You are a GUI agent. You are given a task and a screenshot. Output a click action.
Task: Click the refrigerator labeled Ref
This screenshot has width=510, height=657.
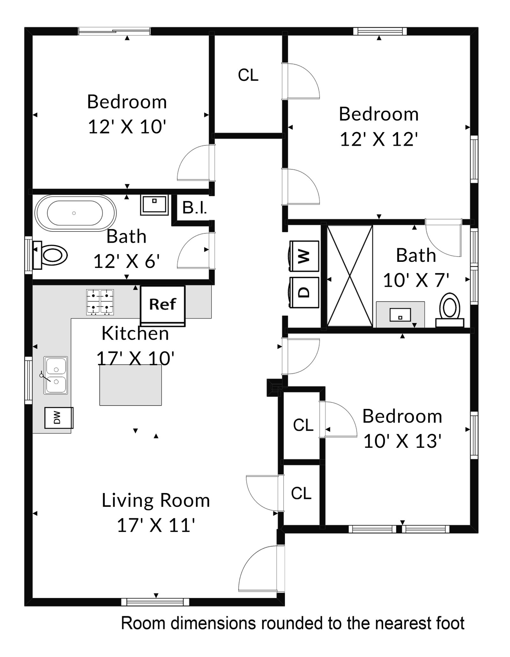163,306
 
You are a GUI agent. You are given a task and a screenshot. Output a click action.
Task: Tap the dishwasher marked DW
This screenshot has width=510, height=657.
59,417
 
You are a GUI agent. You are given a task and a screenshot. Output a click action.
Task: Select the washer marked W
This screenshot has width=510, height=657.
304,256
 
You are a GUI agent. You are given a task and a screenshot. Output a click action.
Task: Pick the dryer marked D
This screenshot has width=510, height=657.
304,292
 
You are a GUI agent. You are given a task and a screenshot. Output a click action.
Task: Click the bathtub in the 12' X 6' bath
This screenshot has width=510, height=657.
75,213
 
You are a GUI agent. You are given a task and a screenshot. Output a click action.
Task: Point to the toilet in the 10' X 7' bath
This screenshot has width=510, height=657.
450,310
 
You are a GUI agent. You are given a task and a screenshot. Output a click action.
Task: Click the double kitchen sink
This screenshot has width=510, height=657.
55,375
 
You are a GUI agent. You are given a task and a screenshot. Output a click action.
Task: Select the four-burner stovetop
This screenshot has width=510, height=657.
100,302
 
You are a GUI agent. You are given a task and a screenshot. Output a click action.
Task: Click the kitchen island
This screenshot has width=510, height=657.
131,385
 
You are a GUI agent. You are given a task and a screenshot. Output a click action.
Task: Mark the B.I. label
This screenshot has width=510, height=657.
194,208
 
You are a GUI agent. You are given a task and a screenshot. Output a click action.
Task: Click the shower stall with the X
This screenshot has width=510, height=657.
350,276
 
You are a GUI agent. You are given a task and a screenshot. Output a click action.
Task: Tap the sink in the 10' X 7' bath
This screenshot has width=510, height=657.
400,315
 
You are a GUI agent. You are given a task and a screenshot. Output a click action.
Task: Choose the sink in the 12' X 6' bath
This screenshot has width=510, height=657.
154,205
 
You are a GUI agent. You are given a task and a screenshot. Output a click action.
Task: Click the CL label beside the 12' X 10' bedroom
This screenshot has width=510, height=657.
248,75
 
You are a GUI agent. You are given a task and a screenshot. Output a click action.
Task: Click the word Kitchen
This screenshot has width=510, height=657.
135,334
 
